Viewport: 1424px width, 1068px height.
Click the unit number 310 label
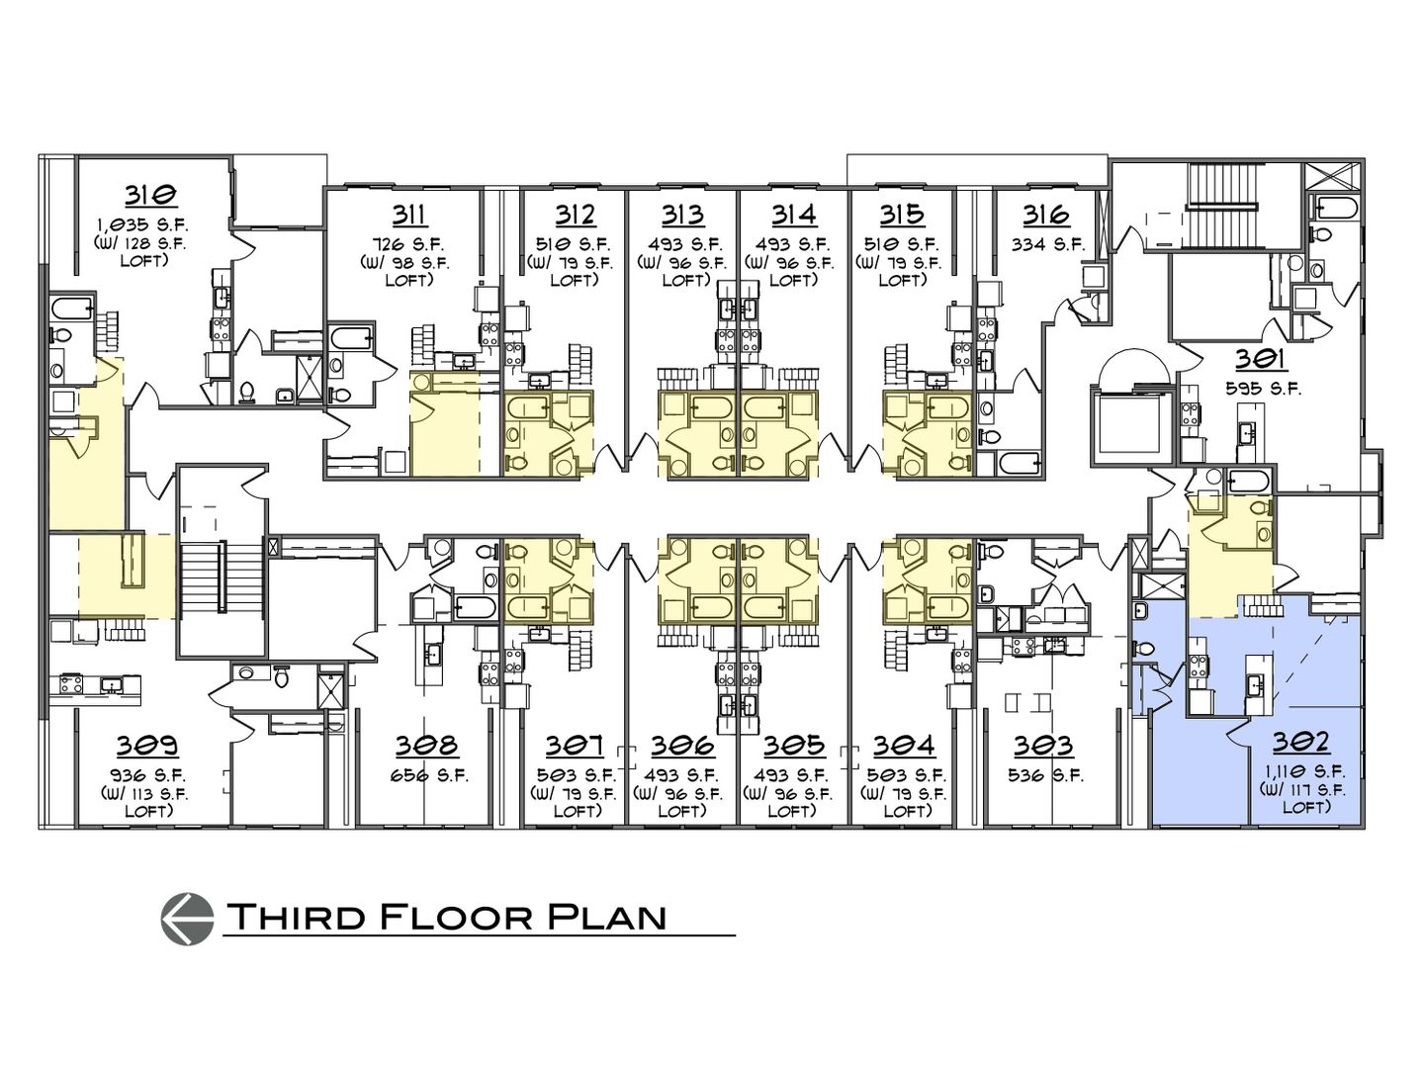coord(150,194)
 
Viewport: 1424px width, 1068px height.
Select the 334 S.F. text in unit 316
coord(1046,243)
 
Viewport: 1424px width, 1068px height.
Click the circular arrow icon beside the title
coord(186,916)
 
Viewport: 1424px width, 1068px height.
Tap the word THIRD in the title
coord(287,917)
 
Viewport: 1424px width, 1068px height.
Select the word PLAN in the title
coord(605,917)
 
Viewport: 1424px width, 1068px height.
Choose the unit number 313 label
coord(682,215)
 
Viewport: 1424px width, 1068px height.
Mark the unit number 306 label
coord(682,746)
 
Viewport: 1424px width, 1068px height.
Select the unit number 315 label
coord(901,215)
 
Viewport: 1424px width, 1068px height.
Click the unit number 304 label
coord(903,746)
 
